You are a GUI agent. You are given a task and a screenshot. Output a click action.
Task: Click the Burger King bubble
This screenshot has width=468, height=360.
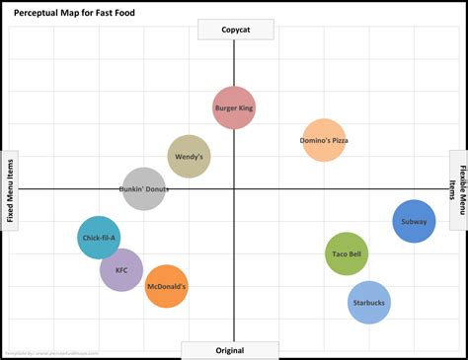pyautogui.click(x=234, y=108)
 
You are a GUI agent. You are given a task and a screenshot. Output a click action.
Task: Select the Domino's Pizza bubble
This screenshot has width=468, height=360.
pyautogui.click(x=324, y=140)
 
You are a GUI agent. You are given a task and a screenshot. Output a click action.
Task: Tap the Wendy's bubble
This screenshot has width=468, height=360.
pyautogui.click(x=189, y=156)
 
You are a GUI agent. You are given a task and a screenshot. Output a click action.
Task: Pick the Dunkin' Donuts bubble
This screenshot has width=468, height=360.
pyautogui.click(x=144, y=188)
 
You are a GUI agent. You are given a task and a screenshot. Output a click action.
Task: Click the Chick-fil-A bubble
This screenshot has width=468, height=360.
pyautogui.click(x=99, y=238)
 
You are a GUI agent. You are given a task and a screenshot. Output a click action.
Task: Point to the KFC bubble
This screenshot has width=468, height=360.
pyautogui.click(x=121, y=269)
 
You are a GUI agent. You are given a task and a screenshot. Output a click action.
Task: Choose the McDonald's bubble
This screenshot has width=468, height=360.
pyautogui.click(x=167, y=286)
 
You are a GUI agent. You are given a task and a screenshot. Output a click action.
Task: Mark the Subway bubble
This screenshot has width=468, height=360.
pyautogui.click(x=414, y=221)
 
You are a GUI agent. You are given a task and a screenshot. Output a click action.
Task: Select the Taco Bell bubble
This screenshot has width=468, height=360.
pyautogui.click(x=347, y=253)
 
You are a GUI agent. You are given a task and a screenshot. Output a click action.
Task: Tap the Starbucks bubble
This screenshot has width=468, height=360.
pyautogui.click(x=369, y=303)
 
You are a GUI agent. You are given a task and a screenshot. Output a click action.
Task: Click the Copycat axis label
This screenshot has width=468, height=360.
pyautogui.click(x=234, y=30)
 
